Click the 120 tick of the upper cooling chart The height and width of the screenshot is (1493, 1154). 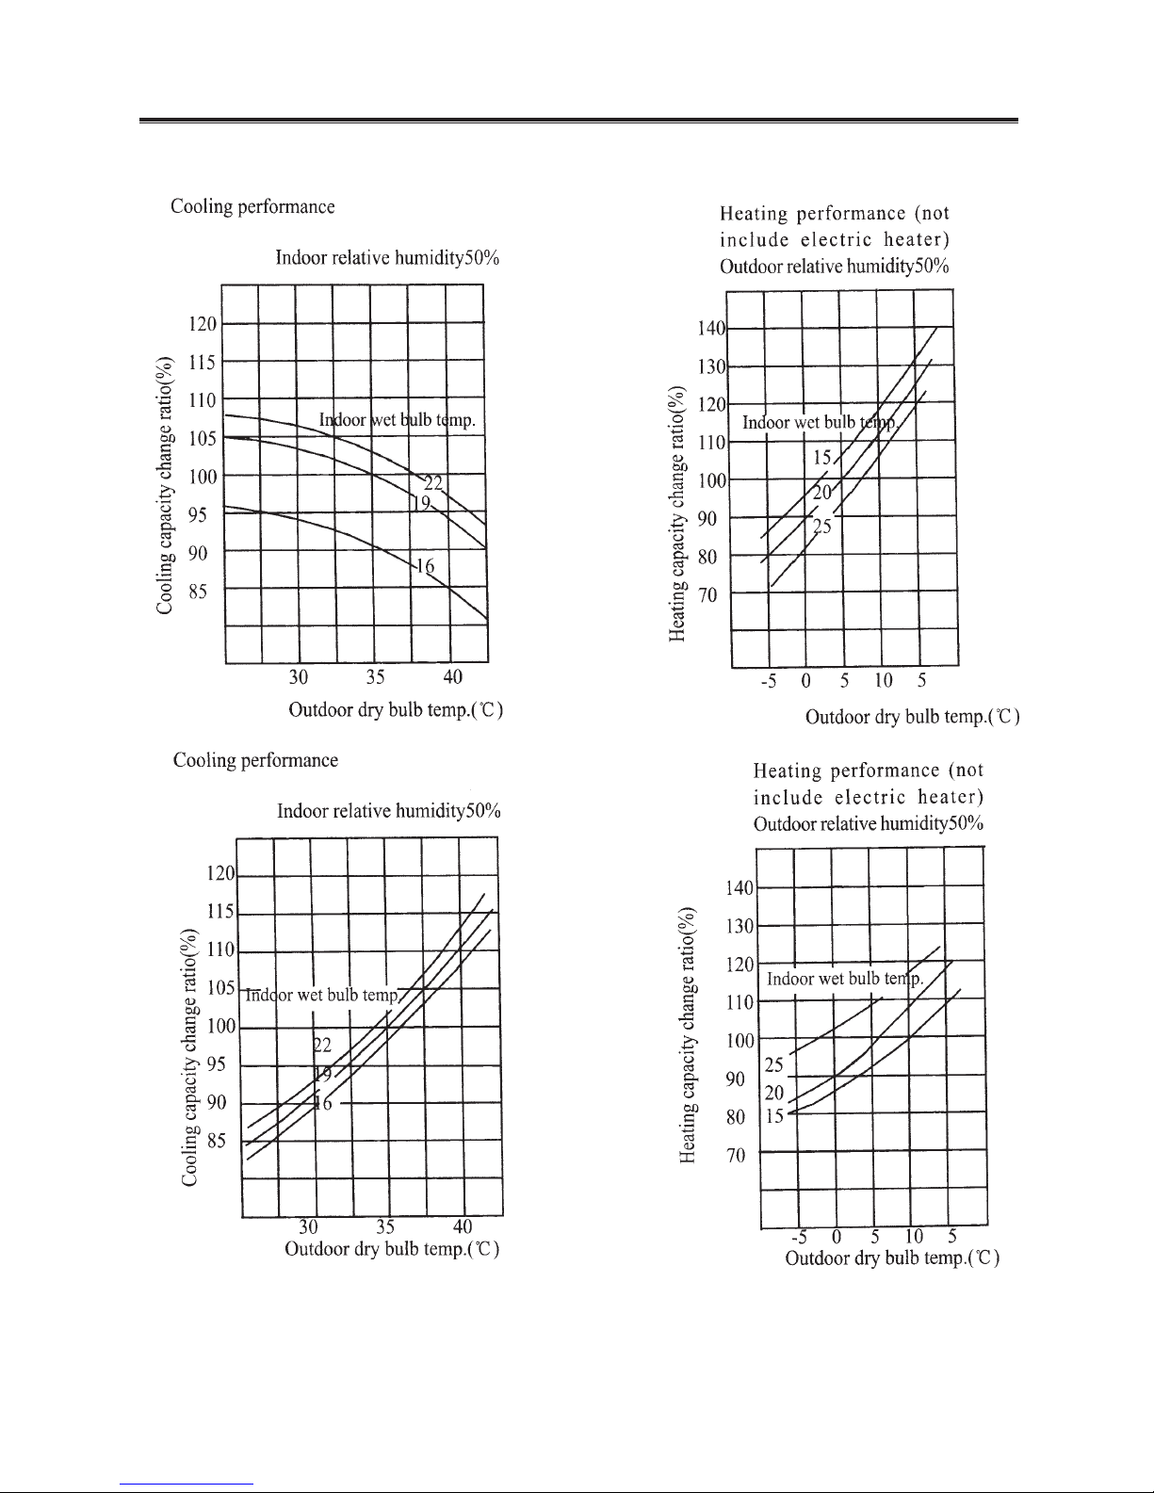pos(203,324)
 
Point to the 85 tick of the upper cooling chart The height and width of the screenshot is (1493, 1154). pos(198,592)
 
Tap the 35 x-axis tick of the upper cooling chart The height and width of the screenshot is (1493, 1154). pos(375,677)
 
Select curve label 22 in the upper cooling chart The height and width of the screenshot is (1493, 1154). pos(433,483)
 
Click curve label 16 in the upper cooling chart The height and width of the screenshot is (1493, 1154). pos(425,566)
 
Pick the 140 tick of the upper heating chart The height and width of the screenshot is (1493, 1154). pos(711,329)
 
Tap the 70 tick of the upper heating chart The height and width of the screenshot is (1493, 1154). pos(707,595)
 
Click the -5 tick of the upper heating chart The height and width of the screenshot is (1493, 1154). pos(769,681)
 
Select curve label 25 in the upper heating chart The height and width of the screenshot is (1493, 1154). pos(822,527)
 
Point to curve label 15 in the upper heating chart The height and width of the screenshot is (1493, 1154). pos(822,458)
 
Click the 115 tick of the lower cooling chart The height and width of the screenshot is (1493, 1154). pos(220,912)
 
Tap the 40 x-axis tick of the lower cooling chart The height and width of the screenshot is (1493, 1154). pos(463,1226)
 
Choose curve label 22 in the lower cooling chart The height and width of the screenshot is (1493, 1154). pos(322,1045)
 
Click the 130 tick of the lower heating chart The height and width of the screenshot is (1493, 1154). pos(740,926)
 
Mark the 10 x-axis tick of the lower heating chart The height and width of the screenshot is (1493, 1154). pos(914,1237)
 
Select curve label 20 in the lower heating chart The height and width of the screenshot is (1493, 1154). pos(774,1093)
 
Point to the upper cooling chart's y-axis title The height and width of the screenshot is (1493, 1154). pos(164,485)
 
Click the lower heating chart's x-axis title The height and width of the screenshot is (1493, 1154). pos(892,1258)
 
